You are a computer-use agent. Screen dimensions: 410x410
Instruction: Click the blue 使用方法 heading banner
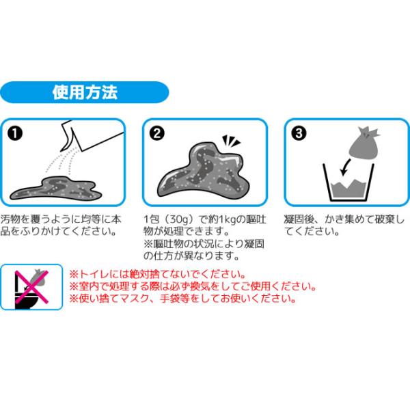point(85,92)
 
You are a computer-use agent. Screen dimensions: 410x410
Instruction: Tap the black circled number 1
point(15,133)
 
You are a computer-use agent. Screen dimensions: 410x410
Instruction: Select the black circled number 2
point(157,133)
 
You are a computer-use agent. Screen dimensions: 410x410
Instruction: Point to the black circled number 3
point(299,133)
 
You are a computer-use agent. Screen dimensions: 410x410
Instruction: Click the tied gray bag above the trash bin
point(364,143)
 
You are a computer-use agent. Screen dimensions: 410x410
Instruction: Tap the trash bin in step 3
point(348,182)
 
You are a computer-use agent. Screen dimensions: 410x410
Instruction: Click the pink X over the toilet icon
point(31,287)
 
